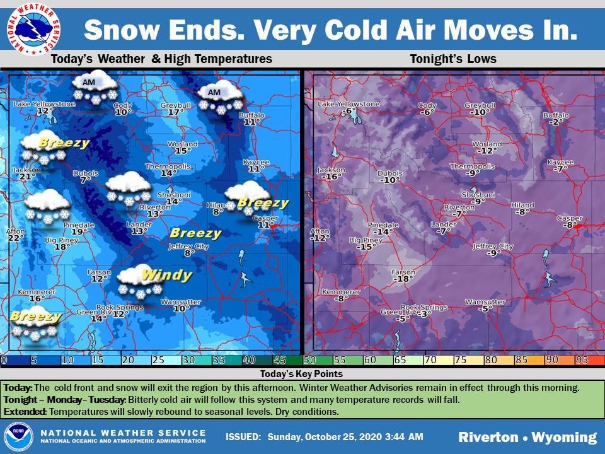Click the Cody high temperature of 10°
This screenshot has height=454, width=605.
coord(123,112)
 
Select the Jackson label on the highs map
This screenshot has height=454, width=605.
coord(26,170)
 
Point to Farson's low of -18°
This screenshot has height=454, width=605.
coord(402,279)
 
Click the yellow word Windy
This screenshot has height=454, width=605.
coord(166,275)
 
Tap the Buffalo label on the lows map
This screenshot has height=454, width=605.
coord(555,115)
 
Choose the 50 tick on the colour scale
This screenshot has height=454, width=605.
coord(309,360)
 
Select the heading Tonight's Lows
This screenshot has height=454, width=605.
coord(452,59)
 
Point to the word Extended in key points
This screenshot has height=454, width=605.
coord(25,411)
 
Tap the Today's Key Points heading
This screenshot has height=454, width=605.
coord(302,374)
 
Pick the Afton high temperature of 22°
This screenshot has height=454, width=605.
coord(16,238)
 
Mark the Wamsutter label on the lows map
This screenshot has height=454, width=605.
coord(485,302)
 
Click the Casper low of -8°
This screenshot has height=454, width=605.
coord(570,225)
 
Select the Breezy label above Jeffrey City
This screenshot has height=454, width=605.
coord(195,233)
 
